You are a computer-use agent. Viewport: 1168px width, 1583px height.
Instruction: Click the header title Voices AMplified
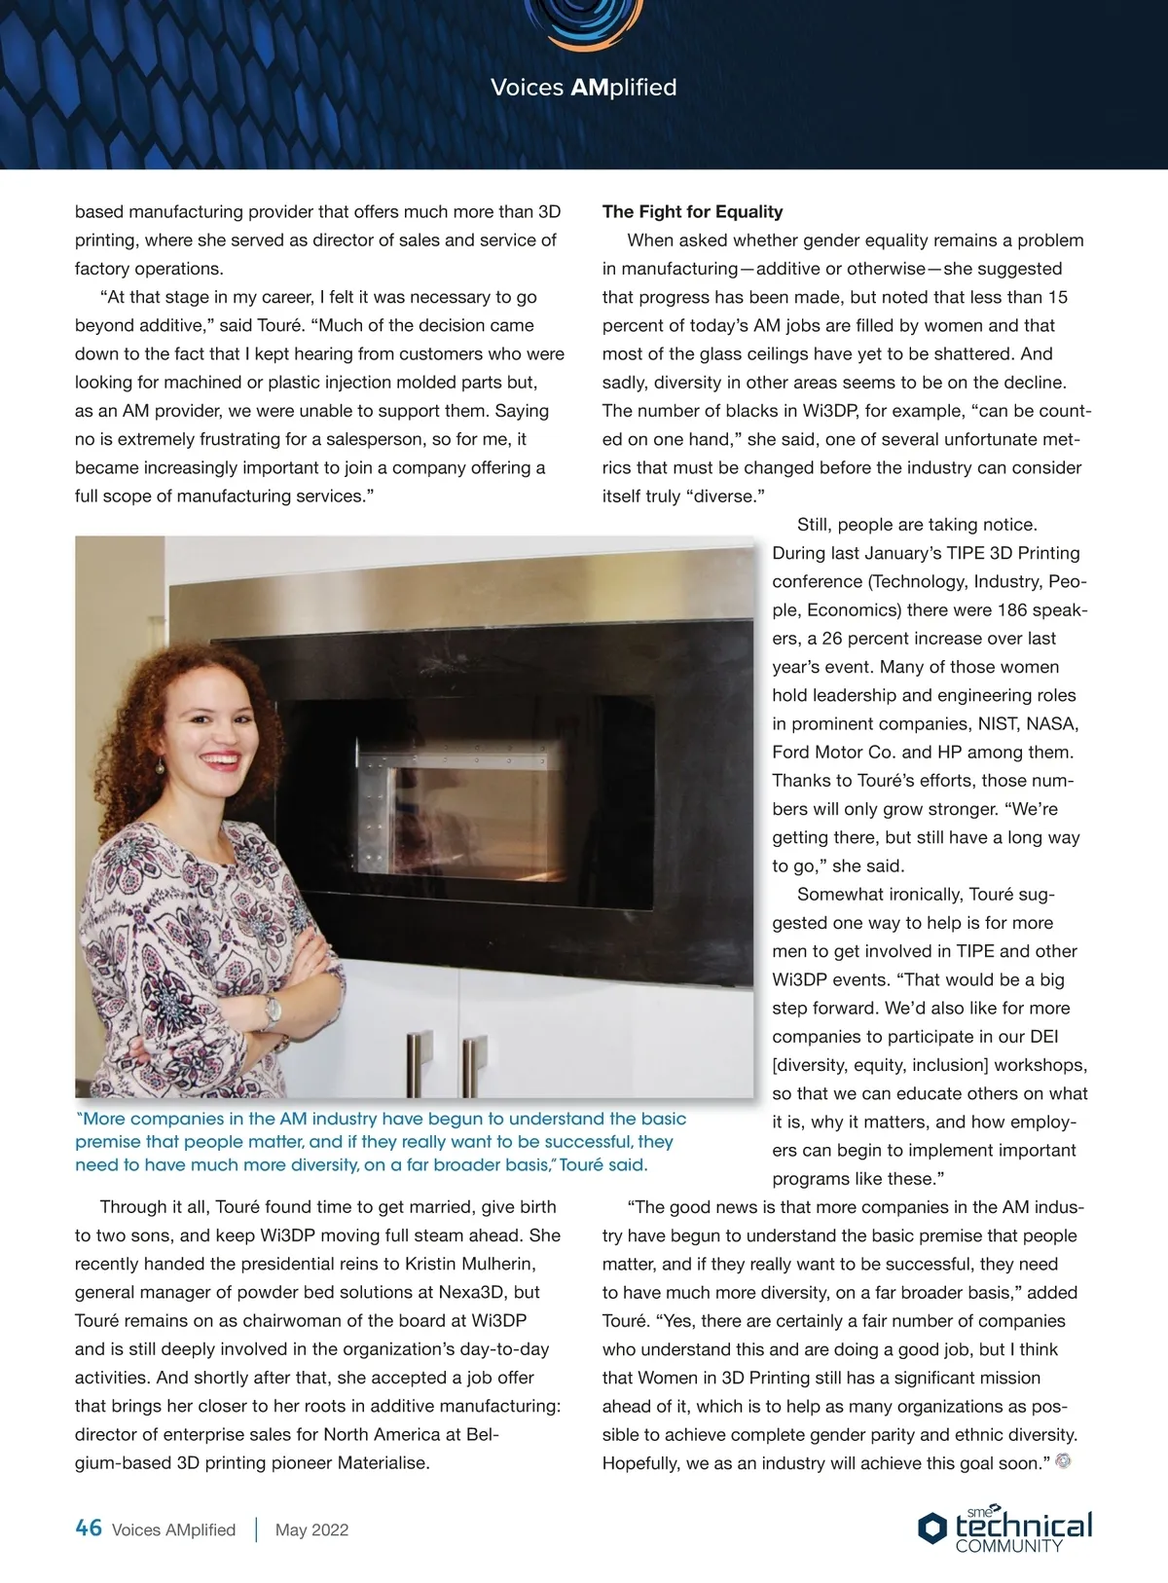tap(583, 88)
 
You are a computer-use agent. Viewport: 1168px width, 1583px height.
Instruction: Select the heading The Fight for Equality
tap(692, 212)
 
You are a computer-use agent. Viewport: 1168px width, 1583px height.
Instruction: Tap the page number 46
tap(89, 1528)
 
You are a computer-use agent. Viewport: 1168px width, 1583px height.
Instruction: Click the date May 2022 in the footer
tap(311, 1529)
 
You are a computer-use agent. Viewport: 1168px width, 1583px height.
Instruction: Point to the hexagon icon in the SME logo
tap(931, 1528)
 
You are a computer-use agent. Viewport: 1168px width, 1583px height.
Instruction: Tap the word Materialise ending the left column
tap(383, 1463)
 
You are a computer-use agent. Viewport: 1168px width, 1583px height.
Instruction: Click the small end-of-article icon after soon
tap(1063, 1461)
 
